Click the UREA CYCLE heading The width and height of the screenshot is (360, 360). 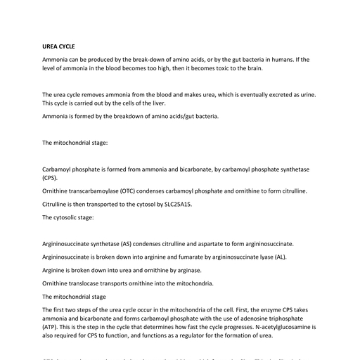tap(58, 46)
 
